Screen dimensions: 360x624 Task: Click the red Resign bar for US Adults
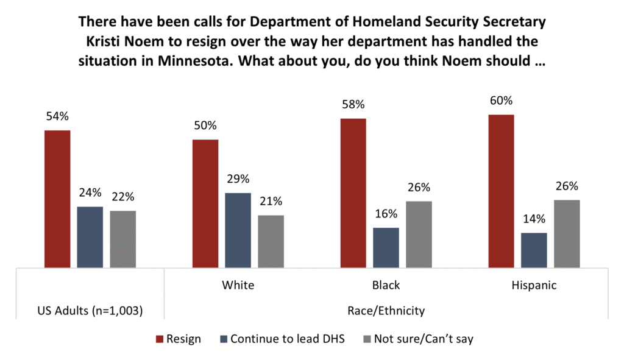[57, 199]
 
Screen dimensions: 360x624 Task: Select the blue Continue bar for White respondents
[238, 230]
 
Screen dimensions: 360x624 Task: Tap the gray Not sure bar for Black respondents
[419, 235]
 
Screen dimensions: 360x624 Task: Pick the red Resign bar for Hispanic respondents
[501, 191]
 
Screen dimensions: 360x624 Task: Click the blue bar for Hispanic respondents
[534, 250]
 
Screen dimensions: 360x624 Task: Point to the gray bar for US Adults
[122, 239]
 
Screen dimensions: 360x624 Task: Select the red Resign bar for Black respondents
[353, 193]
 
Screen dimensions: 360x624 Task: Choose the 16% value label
[386, 214]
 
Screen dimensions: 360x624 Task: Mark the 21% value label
[271, 202]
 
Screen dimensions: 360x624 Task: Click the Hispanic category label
[534, 285]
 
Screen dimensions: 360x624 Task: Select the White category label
[238, 285]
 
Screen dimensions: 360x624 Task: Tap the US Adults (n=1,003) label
[90, 311]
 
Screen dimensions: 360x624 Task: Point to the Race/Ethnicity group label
[386, 311]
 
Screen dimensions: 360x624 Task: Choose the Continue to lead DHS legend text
[287, 339]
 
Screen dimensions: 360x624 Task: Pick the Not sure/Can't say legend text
[423, 339]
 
